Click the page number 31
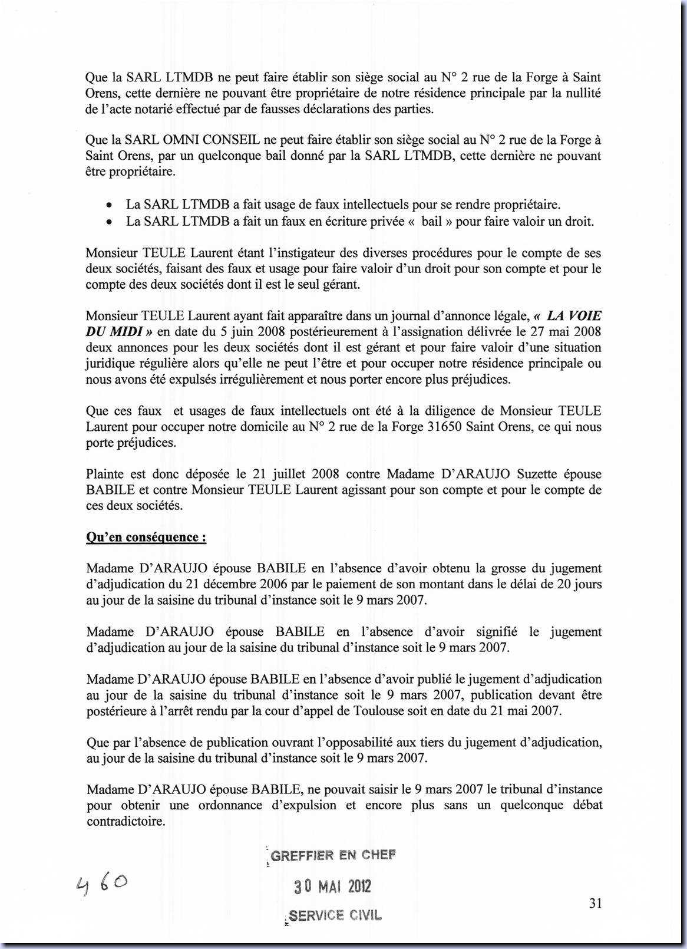pyautogui.click(x=595, y=903)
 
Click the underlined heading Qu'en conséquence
pyautogui.click(x=146, y=537)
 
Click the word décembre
pyautogui.click(x=226, y=584)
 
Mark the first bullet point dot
pyautogui.click(x=108, y=206)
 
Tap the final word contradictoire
pyautogui.click(x=125, y=821)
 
